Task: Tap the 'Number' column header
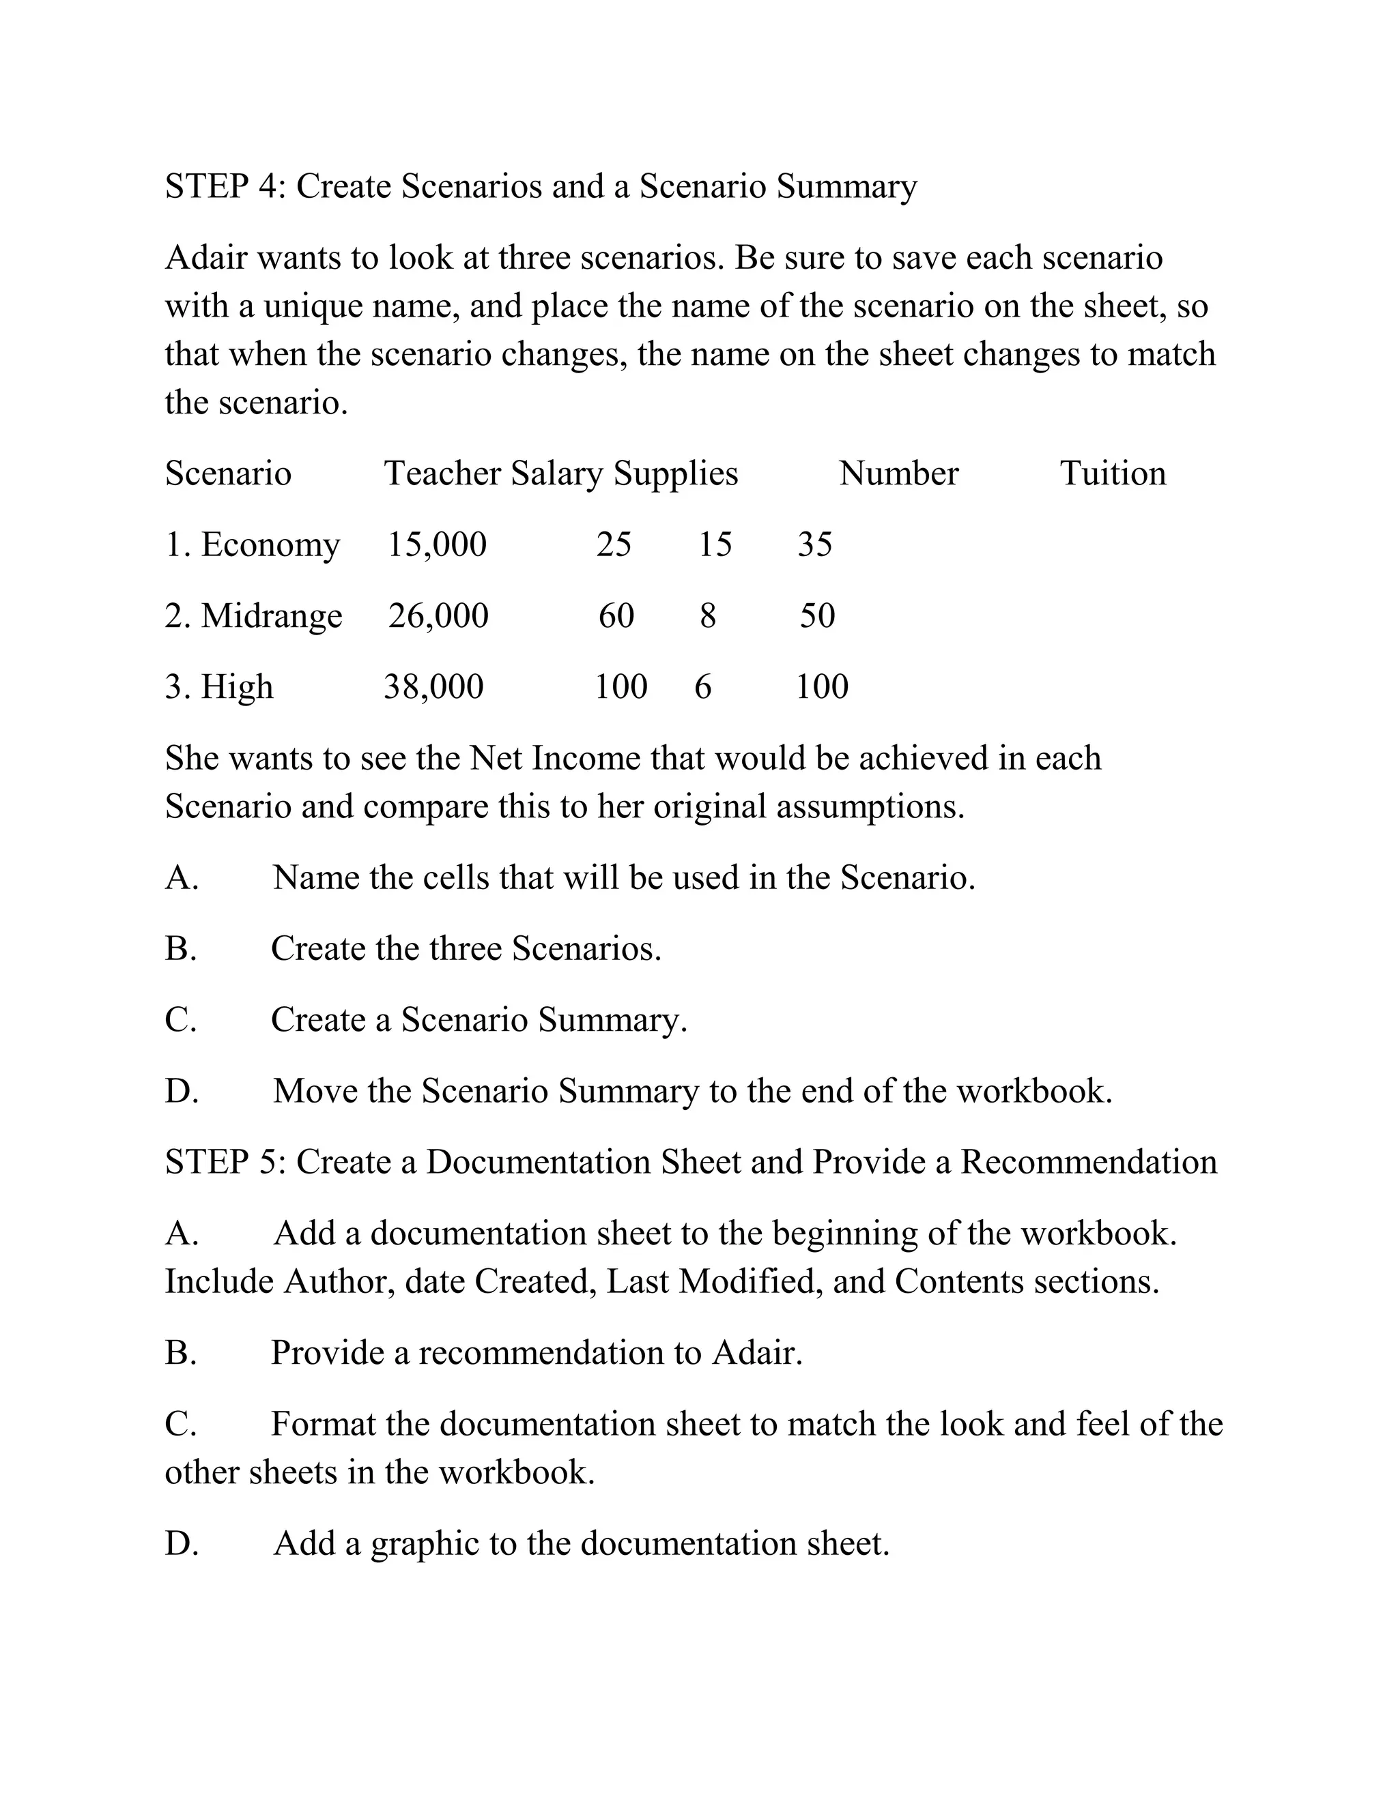tap(898, 473)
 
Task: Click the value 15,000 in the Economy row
tap(438, 544)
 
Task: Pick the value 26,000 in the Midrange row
tap(438, 616)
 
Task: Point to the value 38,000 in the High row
tap(433, 687)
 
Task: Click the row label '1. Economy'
tap(253, 544)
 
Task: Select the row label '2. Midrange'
tap(253, 616)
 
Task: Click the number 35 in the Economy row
tap(815, 544)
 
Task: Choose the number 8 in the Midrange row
tap(707, 616)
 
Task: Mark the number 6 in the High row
tap(702, 687)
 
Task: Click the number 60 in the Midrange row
tap(616, 616)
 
